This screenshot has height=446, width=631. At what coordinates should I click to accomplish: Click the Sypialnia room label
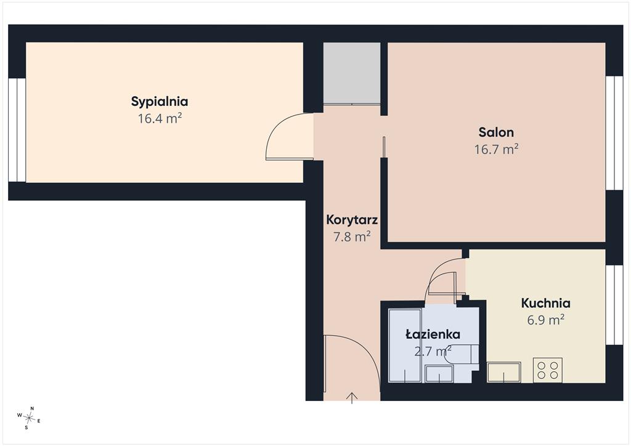tap(160, 102)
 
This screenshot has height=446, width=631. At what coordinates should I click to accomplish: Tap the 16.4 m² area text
tap(160, 119)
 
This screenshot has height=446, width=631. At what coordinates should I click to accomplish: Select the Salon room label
tap(496, 132)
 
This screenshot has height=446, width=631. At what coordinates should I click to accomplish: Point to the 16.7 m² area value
tap(496, 149)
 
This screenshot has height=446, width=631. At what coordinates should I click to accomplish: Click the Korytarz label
tap(352, 220)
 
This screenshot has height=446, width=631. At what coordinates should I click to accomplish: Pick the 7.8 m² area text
tap(352, 237)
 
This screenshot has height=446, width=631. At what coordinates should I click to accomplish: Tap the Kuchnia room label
tap(546, 303)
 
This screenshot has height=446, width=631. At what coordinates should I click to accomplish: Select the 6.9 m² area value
tap(546, 320)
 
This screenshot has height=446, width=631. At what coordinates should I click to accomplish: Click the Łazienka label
tap(433, 334)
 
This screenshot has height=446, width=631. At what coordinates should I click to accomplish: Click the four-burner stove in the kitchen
tap(548, 370)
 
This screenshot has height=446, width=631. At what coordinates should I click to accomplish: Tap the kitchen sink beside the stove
tap(504, 373)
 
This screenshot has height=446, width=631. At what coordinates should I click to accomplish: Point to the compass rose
tap(28, 418)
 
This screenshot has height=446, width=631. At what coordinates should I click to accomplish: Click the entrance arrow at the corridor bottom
tap(352, 398)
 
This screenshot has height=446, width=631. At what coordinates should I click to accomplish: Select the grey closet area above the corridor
tap(352, 73)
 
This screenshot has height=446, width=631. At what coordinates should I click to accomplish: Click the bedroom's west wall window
tap(17, 130)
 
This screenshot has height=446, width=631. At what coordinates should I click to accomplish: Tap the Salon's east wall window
tap(614, 132)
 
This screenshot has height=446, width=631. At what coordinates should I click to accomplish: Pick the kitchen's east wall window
tap(614, 305)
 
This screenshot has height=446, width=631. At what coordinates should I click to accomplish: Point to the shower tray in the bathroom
tap(405, 345)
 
